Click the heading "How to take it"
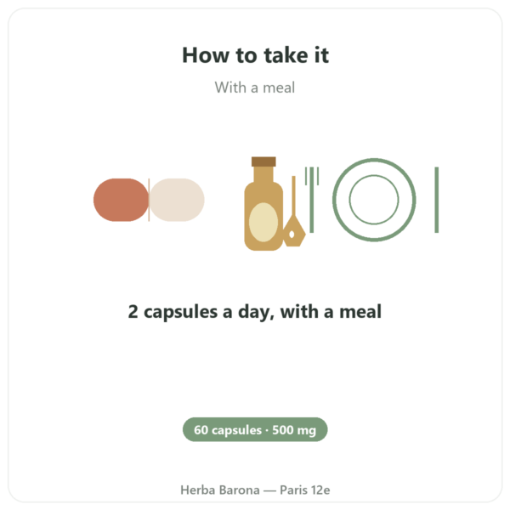[x=255, y=55]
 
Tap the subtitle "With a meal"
[x=255, y=88]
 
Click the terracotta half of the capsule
[x=121, y=200]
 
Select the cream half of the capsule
[x=177, y=200]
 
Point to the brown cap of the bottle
[x=263, y=161]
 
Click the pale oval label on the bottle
[x=263, y=223]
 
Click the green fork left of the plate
[x=312, y=200]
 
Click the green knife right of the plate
[x=437, y=200]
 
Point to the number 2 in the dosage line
[x=133, y=311]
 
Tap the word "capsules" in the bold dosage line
[x=180, y=312]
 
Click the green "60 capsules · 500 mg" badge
[x=255, y=429]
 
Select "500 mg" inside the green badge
[x=294, y=430]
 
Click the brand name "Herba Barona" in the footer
[x=220, y=490]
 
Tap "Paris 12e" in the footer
[x=305, y=490]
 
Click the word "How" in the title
[x=206, y=55]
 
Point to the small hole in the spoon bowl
[x=292, y=235]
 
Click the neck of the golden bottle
[x=263, y=175]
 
